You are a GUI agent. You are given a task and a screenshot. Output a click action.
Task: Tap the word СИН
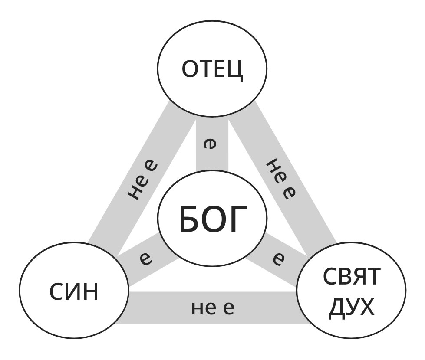click(x=74, y=292)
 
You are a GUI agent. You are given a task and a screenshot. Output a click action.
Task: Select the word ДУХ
click(x=351, y=307)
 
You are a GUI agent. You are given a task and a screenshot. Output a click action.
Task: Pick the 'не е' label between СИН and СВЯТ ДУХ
click(x=213, y=308)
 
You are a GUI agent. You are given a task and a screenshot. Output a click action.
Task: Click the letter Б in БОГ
click(x=188, y=220)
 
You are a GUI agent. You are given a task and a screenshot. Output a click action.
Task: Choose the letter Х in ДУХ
click(x=365, y=307)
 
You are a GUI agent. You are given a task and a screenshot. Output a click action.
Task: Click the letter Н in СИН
click(x=90, y=292)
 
